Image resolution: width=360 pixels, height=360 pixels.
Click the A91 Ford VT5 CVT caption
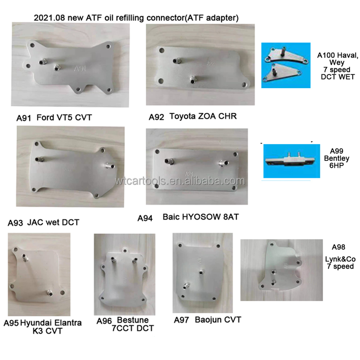pos(54,117)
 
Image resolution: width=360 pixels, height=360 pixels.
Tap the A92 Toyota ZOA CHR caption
pos(193,117)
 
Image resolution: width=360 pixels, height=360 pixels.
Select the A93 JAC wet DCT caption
pos(44,222)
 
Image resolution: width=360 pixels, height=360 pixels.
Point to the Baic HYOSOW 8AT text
pos(201,217)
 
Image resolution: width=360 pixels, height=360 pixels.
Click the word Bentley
pos(337,158)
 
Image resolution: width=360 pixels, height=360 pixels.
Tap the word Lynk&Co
pos(340,259)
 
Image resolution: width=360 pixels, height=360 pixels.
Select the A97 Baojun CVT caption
pos(207,320)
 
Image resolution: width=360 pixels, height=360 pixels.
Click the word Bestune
pos(133,320)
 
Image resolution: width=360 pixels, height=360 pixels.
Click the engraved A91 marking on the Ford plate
pos(80,69)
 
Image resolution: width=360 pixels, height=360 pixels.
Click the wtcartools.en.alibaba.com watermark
pos(180,181)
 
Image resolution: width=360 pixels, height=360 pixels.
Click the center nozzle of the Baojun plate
pos(201,272)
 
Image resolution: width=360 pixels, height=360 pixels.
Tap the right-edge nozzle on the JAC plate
pos(109,166)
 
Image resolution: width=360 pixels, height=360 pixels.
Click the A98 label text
pos(338,247)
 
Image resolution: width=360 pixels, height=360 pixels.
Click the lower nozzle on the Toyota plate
pos(193,80)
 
